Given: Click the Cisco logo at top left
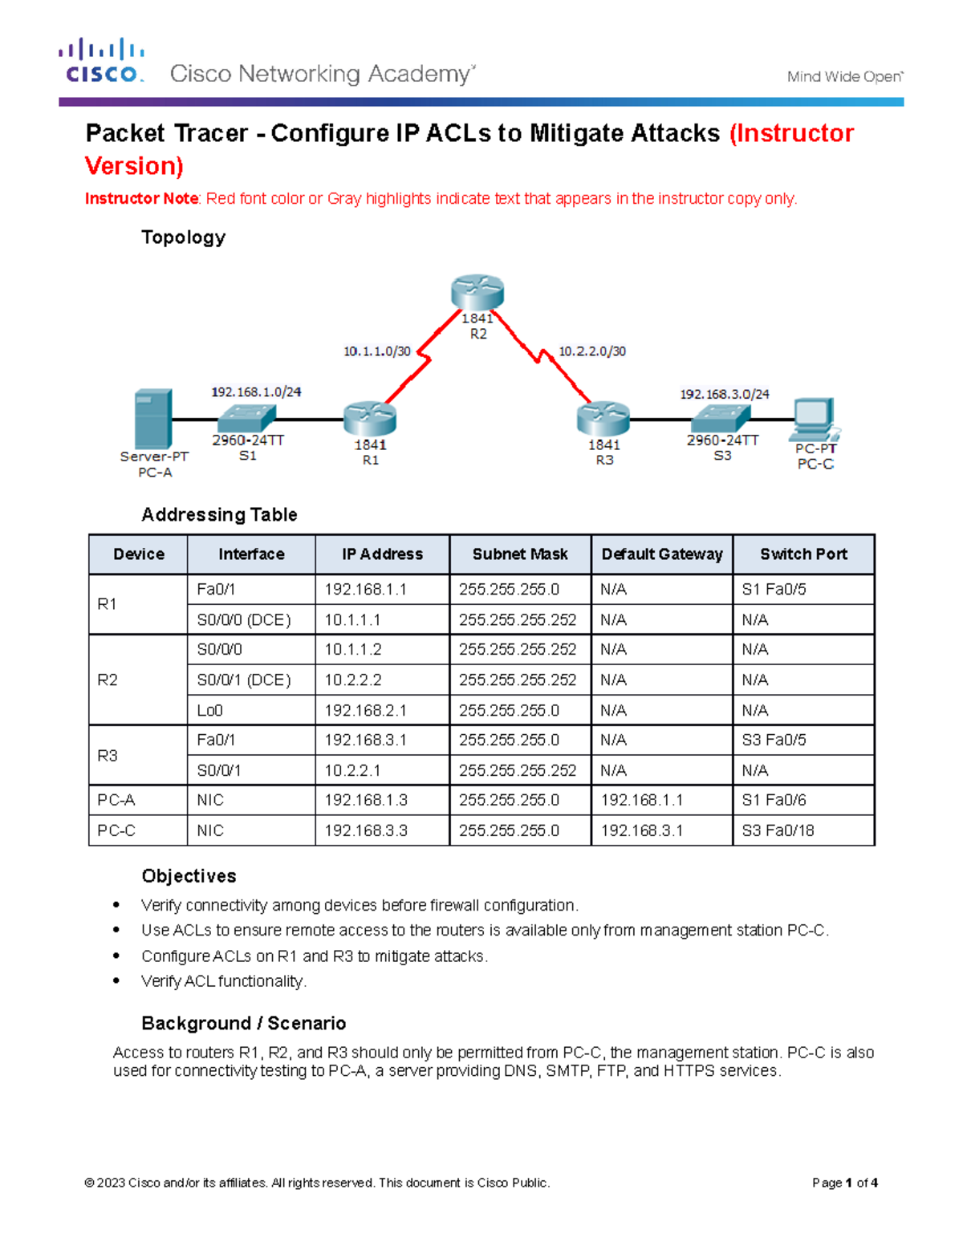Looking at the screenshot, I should pos(102,61).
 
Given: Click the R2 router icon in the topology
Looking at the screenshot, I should pos(477,292).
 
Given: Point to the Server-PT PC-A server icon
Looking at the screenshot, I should pos(153,419).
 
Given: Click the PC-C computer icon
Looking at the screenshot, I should pos(814,417).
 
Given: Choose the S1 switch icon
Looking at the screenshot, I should pos(247,418).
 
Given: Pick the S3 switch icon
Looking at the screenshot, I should pos(721,418).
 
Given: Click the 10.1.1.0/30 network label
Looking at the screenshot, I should pos(377,351).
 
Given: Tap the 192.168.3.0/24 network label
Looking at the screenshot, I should pos(725,394).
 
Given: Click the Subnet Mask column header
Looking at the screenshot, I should pos(520,554).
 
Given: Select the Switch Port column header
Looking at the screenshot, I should pos(803,554).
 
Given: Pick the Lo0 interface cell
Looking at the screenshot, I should pos(210,711).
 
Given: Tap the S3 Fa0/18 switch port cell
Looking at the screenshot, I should pos(778,831).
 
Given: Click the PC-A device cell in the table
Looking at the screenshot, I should pos(116,801).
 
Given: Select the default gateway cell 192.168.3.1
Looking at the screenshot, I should pos(642,831).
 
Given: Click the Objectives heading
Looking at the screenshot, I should pos(189,876).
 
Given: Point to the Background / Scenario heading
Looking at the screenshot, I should pos(243,1024).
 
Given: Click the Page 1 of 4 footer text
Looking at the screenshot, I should pos(844,1183).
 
